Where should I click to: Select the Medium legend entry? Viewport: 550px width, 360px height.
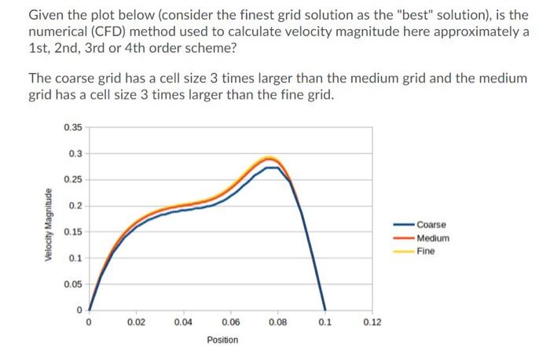tap(433, 238)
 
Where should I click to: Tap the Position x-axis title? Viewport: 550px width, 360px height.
tap(222, 340)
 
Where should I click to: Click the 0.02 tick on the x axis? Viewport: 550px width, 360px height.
tap(136, 322)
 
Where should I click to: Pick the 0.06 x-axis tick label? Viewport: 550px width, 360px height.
tap(230, 322)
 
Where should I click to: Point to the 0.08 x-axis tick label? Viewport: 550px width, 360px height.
tap(277, 322)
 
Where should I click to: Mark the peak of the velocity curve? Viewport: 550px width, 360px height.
tap(269, 159)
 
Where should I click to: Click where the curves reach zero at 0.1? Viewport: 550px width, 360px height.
tap(324, 309)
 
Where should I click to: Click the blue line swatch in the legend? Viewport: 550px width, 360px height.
tap(404, 225)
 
